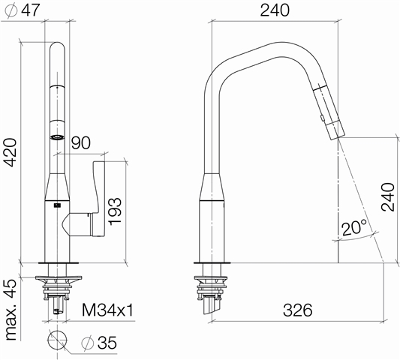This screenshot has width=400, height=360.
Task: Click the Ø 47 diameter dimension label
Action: [x=23, y=10]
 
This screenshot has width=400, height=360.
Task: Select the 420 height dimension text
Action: [x=11, y=152]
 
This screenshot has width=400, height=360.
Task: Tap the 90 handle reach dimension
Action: [x=81, y=142]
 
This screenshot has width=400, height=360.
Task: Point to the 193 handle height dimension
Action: [x=115, y=211]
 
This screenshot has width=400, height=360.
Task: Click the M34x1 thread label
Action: [x=107, y=310]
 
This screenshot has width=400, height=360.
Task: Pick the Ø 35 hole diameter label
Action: [x=99, y=343]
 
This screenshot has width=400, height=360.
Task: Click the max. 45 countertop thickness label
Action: [x=11, y=310]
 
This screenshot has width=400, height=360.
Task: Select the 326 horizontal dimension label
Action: [x=298, y=310]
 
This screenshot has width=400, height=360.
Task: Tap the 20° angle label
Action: [x=354, y=228]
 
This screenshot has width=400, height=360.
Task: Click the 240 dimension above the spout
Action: [x=275, y=10]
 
